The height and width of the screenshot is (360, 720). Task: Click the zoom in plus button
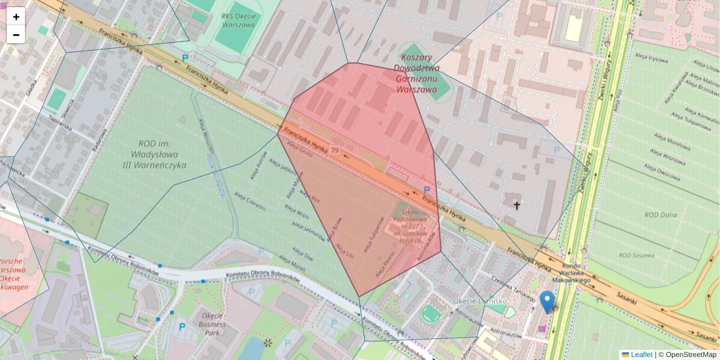[16, 17]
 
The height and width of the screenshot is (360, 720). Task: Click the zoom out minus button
[16, 35]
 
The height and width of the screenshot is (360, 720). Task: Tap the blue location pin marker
[547, 301]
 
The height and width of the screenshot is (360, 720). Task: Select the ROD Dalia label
[660, 215]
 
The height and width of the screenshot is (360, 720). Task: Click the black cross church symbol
[516, 206]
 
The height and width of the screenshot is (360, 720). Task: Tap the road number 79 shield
[334, 150]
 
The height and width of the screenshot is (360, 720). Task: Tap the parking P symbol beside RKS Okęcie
[185, 58]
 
